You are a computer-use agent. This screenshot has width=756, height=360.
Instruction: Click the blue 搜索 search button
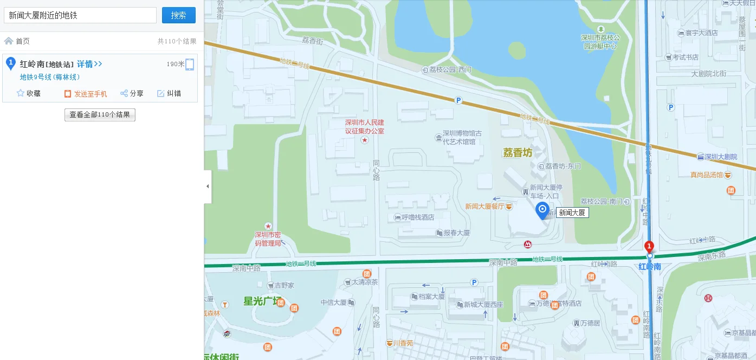coord(178,15)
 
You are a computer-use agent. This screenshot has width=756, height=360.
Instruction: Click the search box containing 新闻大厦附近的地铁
coord(80,15)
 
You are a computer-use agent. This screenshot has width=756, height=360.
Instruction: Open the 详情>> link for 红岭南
coord(89,64)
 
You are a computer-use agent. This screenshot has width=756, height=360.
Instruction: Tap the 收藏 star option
coord(29,93)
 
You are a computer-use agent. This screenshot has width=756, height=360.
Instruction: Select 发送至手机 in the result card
coord(86,93)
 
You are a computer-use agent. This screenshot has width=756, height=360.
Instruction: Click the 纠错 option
coord(169,93)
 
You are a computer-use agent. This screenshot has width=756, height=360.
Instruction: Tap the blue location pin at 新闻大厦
coord(542,210)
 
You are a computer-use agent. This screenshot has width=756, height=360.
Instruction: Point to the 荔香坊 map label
coord(518,153)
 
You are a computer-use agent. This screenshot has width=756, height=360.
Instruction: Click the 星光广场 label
coord(262,301)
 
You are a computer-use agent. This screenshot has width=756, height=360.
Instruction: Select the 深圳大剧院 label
coord(721,157)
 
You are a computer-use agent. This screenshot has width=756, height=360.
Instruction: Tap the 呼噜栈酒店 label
coord(417,217)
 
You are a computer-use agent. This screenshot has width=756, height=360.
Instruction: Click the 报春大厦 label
coord(456,233)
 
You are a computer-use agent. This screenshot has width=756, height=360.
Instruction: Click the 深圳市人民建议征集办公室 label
coord(365,127)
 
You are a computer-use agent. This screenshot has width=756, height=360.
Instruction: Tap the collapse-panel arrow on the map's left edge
coord(208,186)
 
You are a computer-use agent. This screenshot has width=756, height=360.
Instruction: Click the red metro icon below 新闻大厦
coord(528,245)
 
